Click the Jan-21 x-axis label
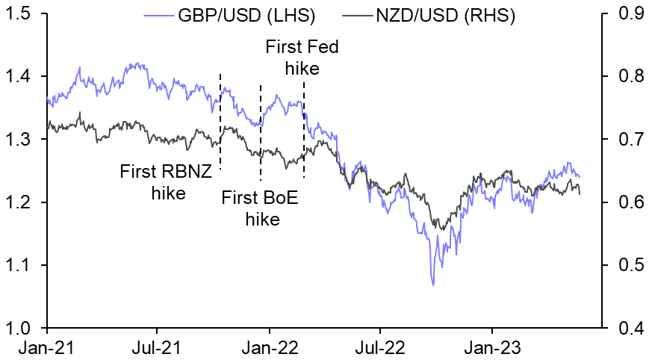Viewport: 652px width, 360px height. tap(48, 347)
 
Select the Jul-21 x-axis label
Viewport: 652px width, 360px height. tap(158, 347)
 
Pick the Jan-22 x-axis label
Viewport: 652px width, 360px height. tap(269, 347)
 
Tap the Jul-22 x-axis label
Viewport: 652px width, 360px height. tap(379, 347)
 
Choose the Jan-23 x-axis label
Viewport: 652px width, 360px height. tap(491, 347)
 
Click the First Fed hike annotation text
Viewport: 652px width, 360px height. tap(302, 58)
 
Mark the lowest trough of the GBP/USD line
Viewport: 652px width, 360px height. tap(432, 285)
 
